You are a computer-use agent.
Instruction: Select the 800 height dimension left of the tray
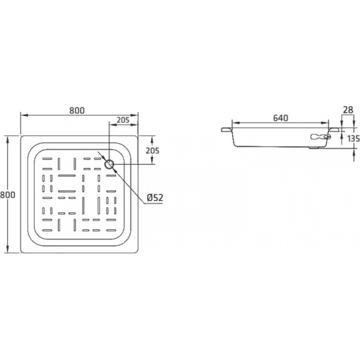point(5,194)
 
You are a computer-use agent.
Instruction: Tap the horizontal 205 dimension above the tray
point(121,120)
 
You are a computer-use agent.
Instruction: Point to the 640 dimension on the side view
point(280,118)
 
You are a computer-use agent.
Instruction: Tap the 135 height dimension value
point(353,138)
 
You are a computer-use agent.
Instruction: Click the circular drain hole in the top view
point(109,163)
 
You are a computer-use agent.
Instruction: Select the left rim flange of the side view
point(226,131)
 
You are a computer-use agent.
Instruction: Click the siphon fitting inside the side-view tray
point(320,137)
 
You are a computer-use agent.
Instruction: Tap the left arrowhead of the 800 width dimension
point(24,115)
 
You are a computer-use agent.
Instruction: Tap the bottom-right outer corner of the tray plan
point(137,253)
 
